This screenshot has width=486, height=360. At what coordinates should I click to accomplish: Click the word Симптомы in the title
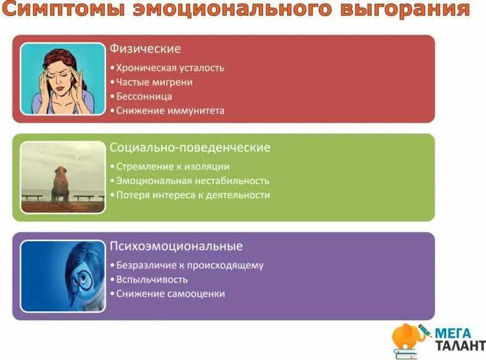coord(56,10)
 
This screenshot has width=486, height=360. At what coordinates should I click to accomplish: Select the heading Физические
coord(145,49)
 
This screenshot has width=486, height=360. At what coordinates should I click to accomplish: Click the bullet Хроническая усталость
coord(170,68)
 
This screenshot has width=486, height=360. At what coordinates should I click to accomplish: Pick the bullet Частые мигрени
coord(154,82)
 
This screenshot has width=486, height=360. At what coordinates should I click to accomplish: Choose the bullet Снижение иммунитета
coord(170,111)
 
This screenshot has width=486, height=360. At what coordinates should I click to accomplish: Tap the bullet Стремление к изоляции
coord(172,167)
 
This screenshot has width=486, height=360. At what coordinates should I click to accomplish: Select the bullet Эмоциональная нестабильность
coord(192,181)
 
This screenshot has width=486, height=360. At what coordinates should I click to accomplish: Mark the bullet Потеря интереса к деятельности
coord(192,195)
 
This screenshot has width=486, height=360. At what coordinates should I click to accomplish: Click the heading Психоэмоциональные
coord(176,246)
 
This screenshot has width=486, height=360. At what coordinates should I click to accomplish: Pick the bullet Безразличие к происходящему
coord(189,265)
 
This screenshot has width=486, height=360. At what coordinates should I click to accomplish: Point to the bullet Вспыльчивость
coord(152,280)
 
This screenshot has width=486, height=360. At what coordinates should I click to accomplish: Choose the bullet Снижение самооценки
coord(170,294)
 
